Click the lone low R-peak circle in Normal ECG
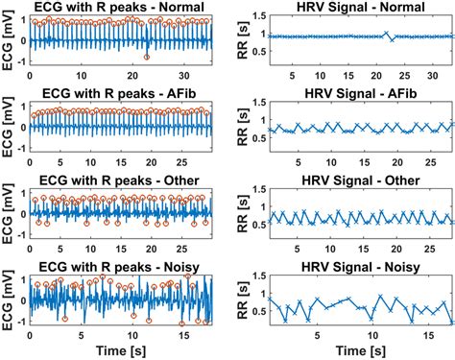click(146, 58)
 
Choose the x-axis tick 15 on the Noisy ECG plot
click(183, 336)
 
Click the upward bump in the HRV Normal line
click(387, 32)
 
